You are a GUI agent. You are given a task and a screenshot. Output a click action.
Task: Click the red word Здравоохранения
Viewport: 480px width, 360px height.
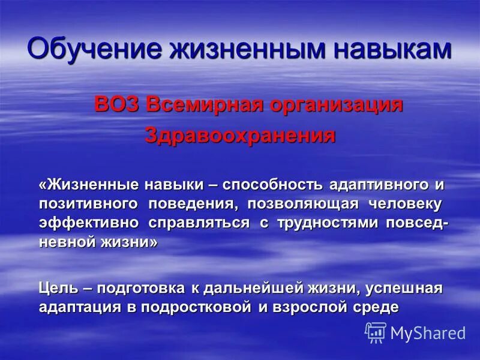click(240, 136)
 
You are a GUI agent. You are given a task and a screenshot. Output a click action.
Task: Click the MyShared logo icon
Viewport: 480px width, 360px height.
click(376, 332)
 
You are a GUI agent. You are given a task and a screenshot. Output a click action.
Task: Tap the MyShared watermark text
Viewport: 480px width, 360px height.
click(428, 333)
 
